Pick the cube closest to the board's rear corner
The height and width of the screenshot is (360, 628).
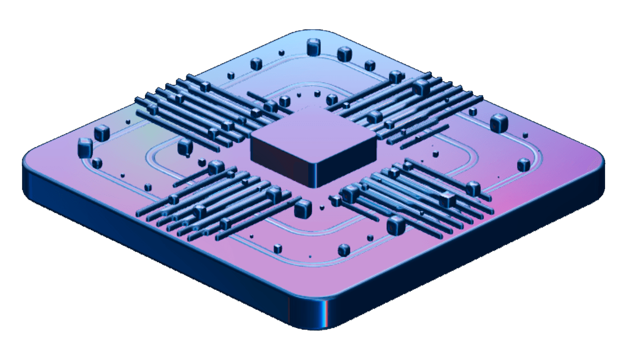point(313,48)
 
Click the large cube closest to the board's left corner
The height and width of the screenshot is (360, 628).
point(85,147)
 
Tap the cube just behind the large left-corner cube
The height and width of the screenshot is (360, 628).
point(102,133)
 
